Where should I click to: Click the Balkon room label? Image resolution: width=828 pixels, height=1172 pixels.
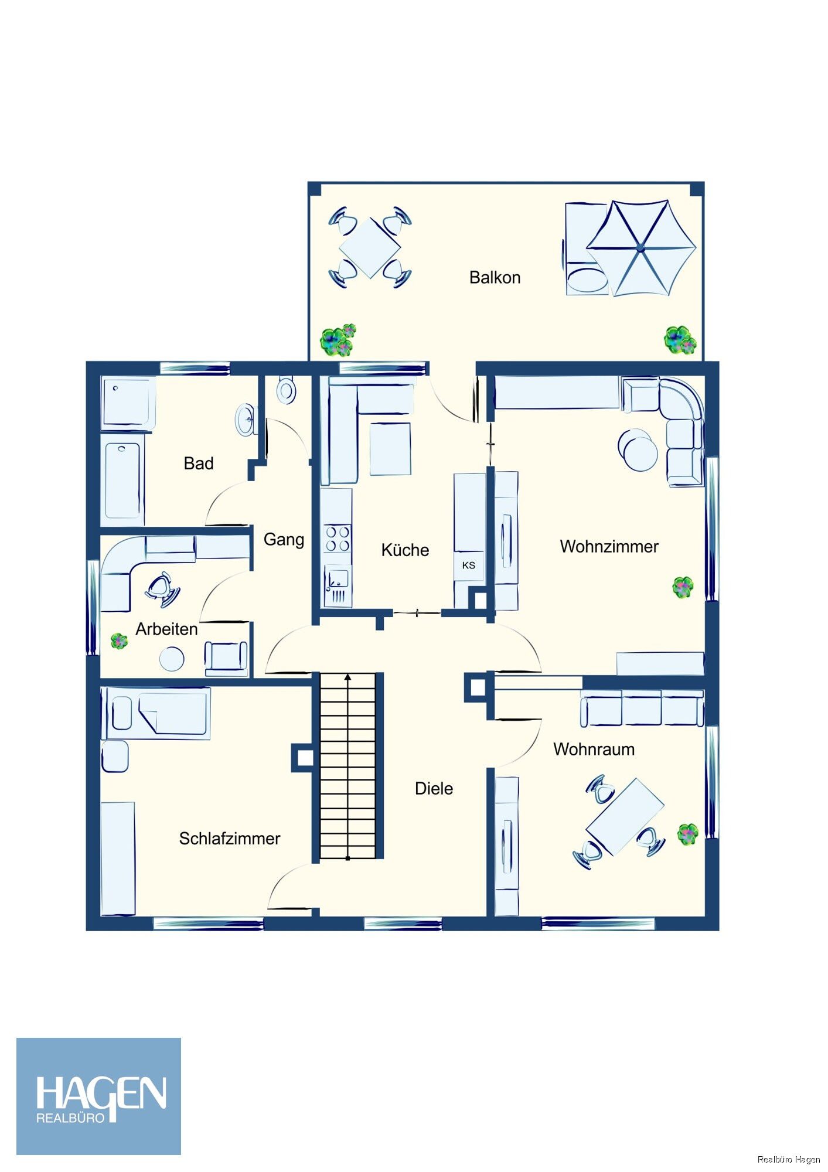495,277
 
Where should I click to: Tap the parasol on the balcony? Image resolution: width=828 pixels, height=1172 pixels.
641,248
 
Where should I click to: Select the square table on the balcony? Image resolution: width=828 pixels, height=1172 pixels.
370,247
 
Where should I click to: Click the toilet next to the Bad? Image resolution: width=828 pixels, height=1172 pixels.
287,390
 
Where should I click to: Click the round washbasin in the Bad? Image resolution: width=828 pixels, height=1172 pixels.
246,420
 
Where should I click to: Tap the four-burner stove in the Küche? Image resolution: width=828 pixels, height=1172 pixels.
338,539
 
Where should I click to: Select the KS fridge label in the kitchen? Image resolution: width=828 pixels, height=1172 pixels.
469,565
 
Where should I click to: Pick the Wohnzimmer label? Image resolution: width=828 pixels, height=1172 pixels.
609,547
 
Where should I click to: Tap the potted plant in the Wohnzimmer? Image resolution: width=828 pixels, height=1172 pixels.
683,587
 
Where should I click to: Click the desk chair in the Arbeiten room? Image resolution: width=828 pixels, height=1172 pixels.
162,588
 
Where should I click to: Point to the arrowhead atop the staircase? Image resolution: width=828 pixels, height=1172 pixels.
348,677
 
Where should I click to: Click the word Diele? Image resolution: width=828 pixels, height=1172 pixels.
434,789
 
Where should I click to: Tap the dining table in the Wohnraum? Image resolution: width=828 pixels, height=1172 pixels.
625,817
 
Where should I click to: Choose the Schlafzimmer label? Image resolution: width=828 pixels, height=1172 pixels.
230,839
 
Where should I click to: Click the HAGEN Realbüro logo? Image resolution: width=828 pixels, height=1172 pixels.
98,1096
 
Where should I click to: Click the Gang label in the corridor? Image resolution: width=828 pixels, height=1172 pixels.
284,540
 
